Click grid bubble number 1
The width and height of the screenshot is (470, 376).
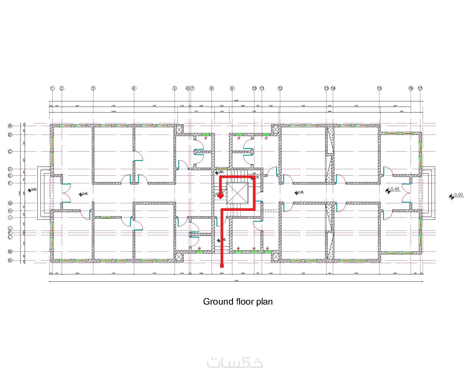[x=52, y=88]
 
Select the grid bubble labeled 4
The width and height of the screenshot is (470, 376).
[x=134, y=88]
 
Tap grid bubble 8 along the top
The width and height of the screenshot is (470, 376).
[x=212, y=88]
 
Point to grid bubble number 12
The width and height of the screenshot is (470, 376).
[x=280, y=88]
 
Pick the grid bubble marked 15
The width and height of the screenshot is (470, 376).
[x=379, y=88]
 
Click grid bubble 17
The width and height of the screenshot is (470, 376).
[x=420, y=88]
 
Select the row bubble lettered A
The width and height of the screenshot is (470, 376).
[x=10, y=126]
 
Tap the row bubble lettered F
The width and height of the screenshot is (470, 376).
[x=10, y=183]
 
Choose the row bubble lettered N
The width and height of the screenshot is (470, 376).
[x=10, y=260]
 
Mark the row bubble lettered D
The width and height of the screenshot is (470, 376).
[x=10, y=169]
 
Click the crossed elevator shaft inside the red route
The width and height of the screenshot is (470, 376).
[x=238, y=193]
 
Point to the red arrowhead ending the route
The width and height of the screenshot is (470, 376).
[x=221, y=196]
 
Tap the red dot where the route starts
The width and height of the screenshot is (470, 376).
[x=222, y=266]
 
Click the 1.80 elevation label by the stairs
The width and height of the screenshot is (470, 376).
[x=221, y=172]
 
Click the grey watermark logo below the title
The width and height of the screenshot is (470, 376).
[x=235, y=363]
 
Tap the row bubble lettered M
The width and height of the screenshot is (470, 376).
[x=10, y=252]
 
